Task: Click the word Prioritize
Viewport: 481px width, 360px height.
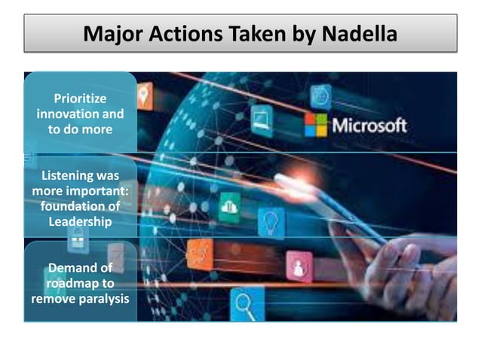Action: pos(80,99)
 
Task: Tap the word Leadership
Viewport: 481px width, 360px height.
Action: pos(80,221)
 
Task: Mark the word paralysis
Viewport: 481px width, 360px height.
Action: pos(103,298)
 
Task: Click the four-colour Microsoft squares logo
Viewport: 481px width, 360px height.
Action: pos(316,125)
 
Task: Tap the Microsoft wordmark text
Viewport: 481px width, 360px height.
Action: pos(369,125)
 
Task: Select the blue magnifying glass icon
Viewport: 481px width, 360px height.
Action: pos(245,305)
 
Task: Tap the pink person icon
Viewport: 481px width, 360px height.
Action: pos(299,265)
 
